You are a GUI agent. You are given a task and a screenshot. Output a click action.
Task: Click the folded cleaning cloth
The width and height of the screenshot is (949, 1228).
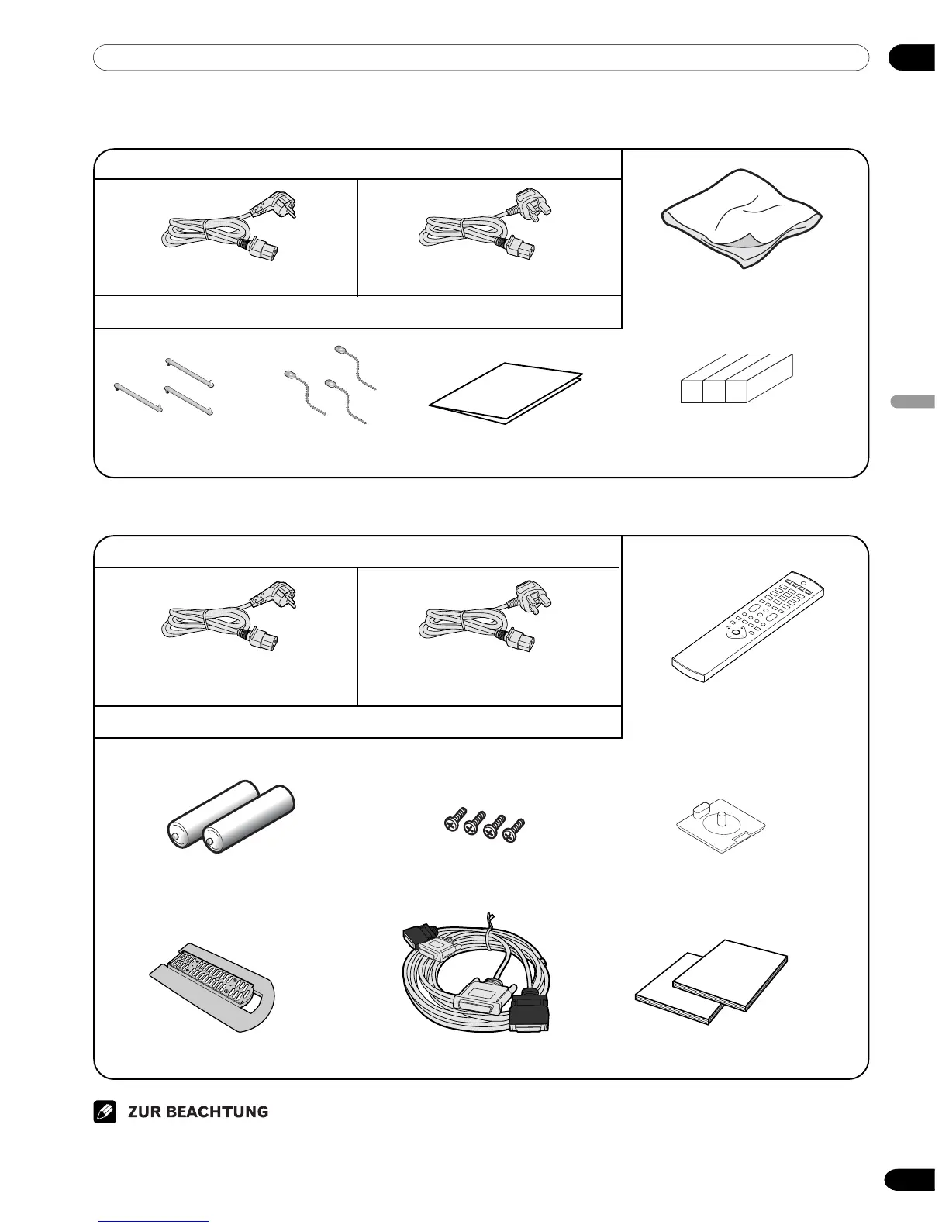click(741, 218)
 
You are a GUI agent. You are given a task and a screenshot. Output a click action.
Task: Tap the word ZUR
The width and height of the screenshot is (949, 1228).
click(145, 1112)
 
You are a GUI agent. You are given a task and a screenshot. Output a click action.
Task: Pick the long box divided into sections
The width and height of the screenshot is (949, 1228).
click(737, 378)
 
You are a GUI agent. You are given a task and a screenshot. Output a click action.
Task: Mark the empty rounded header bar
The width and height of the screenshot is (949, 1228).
click(481, 57)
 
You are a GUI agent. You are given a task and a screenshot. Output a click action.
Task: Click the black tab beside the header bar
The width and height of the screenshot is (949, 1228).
click(913, 58)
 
